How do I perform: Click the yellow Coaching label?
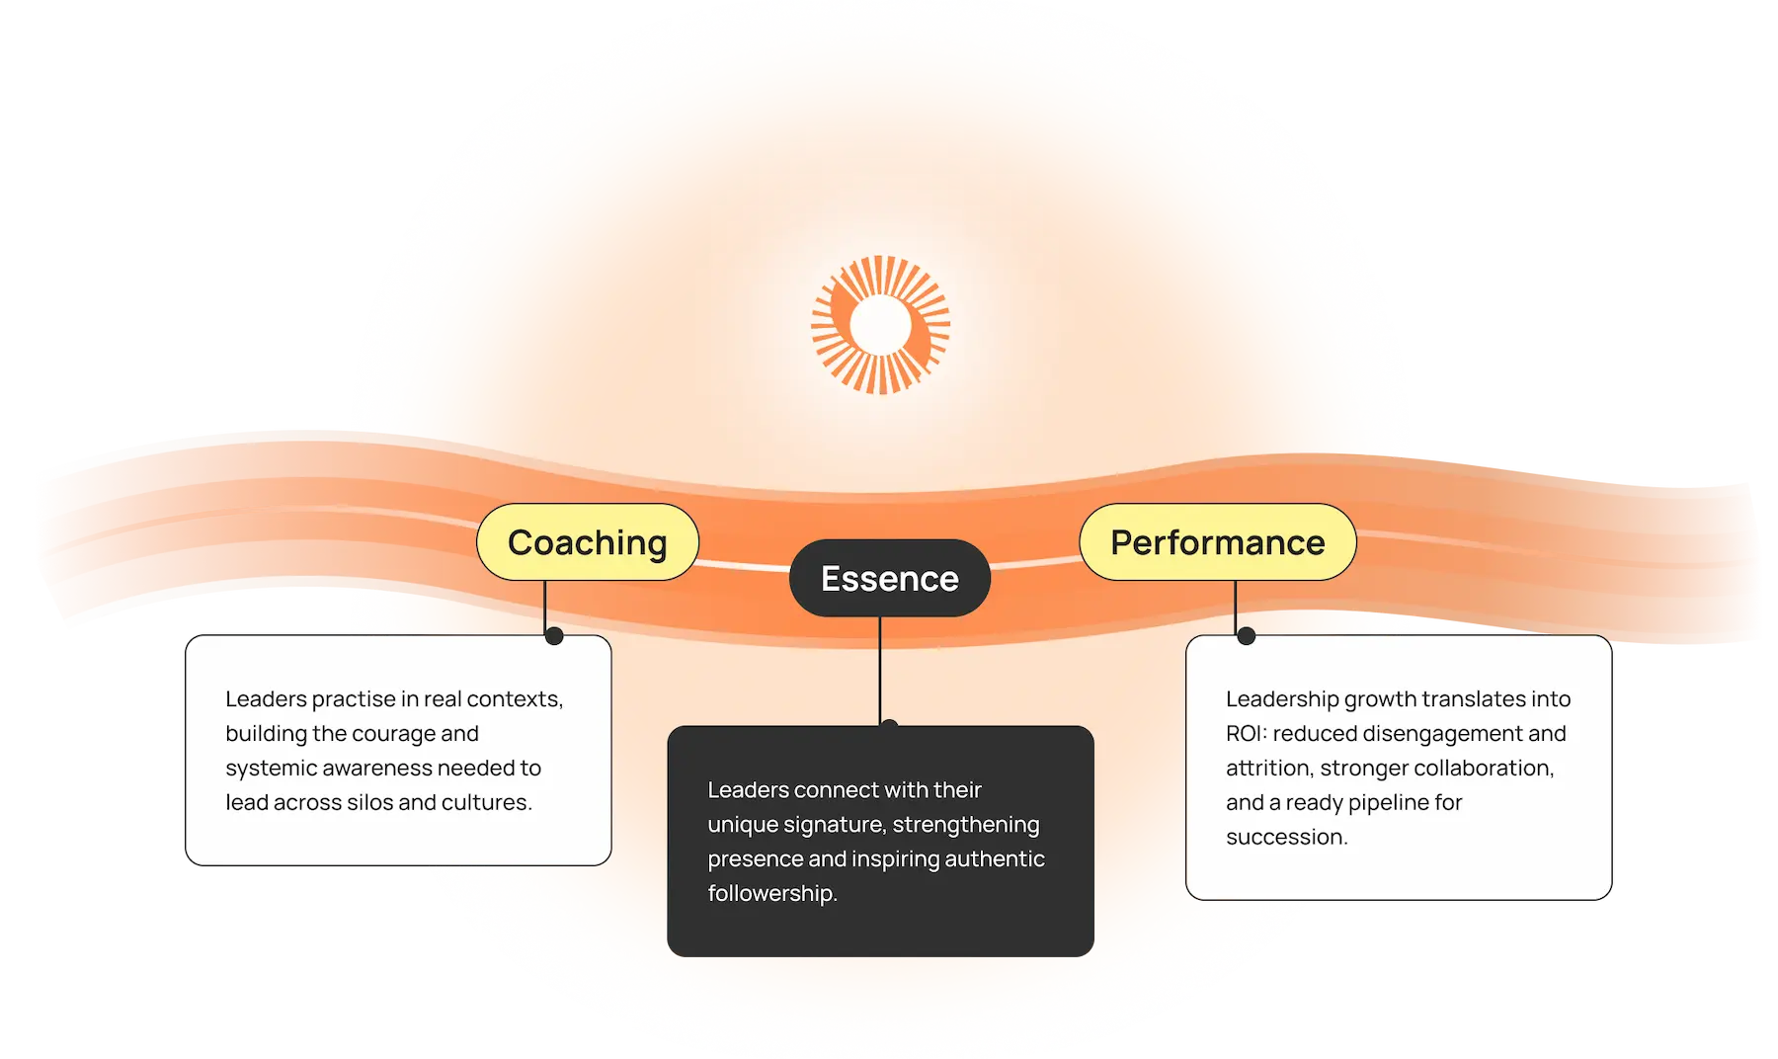(588, 542)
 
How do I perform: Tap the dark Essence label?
(889, 578)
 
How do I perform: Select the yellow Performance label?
(1217, 542)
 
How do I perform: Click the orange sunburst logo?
(880, 325)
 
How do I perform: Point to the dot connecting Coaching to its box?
(554, 636)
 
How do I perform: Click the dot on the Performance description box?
(1247, 636)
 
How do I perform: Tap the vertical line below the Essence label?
(880, 672)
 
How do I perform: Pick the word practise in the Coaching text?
(353, 699)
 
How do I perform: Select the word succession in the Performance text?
(1286, 838)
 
